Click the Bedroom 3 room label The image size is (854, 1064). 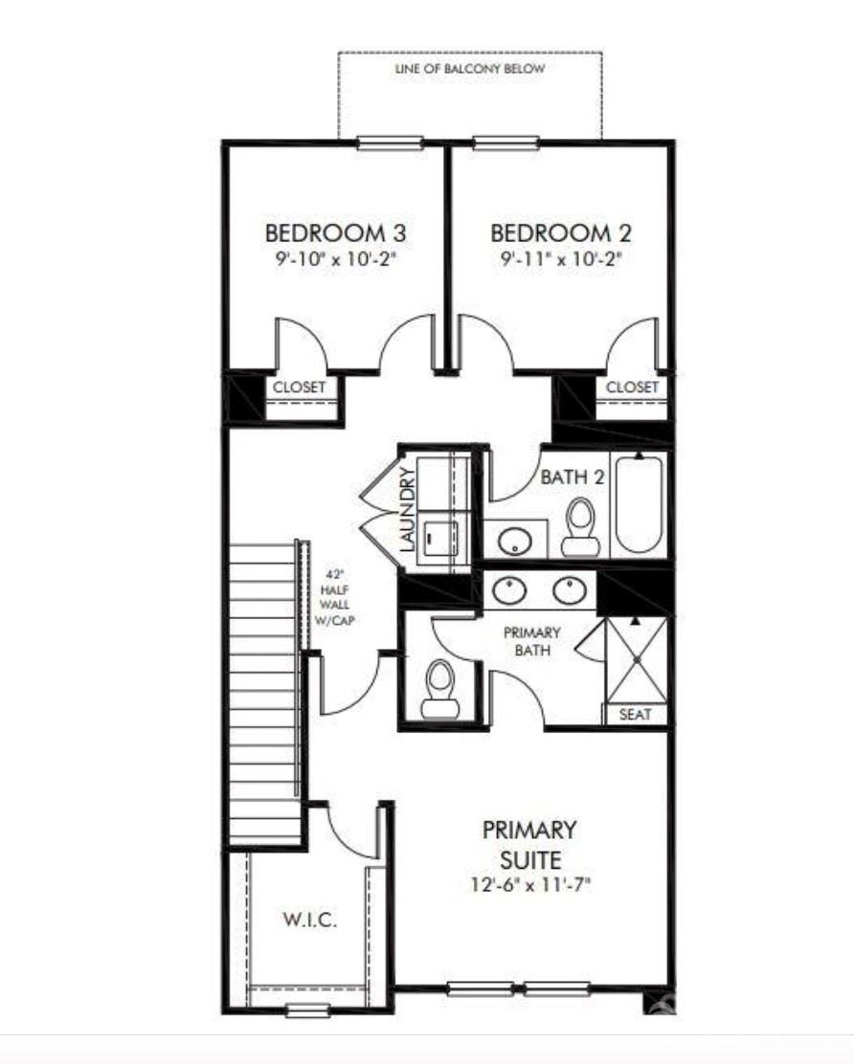[335, 233]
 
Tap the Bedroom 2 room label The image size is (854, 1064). [561, 233]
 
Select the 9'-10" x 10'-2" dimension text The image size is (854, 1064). [335, 258]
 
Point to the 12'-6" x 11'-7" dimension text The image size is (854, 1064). [529, 885]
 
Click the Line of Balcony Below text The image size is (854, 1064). [469, 69]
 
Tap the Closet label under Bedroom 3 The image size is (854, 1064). [300, 388]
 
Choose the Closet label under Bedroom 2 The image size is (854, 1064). [633, 387]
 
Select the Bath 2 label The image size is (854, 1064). [573, 477]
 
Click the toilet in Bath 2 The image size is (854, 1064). [580, 526]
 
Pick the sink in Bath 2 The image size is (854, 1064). [515, 542]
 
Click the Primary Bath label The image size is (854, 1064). [532, 639]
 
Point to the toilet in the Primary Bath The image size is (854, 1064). [440, 690]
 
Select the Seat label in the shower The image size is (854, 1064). [636, 714]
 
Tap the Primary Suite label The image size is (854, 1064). [529, 843]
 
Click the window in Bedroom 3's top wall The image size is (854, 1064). [390, 144]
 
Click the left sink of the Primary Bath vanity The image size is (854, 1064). [507, 589]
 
